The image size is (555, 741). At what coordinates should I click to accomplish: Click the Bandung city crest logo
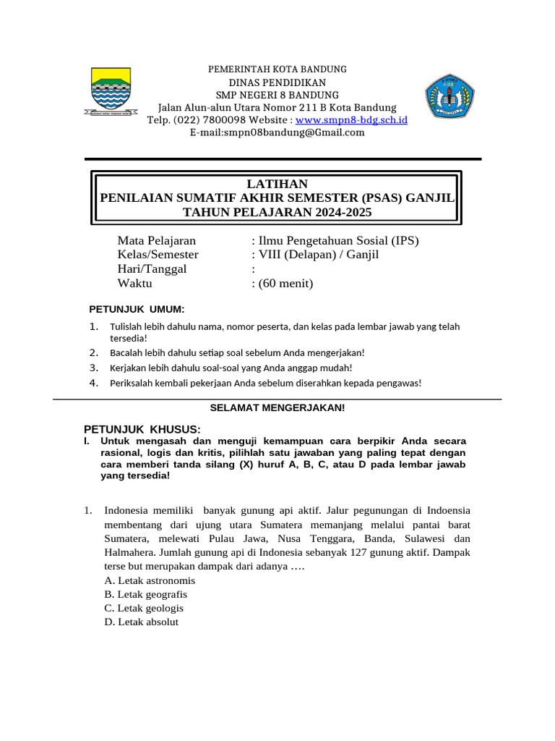[x=111, y=92]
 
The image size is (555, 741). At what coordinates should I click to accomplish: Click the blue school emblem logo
[x=448, y=96]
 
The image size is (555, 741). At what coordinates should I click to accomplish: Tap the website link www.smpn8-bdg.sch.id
[x=352, y=119]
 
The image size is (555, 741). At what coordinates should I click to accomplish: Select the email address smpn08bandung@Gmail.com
[x=277, y=132]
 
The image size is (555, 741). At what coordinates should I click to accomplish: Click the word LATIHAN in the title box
[x=277, y=184]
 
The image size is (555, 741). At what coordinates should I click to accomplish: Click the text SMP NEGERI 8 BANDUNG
[x=277, y=95]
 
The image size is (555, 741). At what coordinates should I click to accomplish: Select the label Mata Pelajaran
[x=156, y=240]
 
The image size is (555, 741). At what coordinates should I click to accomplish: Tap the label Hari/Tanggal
[x=152, y=268]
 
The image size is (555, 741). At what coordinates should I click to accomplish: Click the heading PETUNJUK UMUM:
[x=137, y=310]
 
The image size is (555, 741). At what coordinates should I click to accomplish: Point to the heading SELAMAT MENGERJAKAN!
[x=277, y=407]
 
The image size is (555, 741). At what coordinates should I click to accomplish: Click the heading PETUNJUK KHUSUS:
[x=142, y=429]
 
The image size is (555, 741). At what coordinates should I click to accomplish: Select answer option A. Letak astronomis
[x=150, y=580]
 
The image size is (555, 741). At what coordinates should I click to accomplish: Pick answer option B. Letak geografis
[x=145, y=594]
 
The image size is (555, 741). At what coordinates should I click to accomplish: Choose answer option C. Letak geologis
[x=144, y=608]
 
